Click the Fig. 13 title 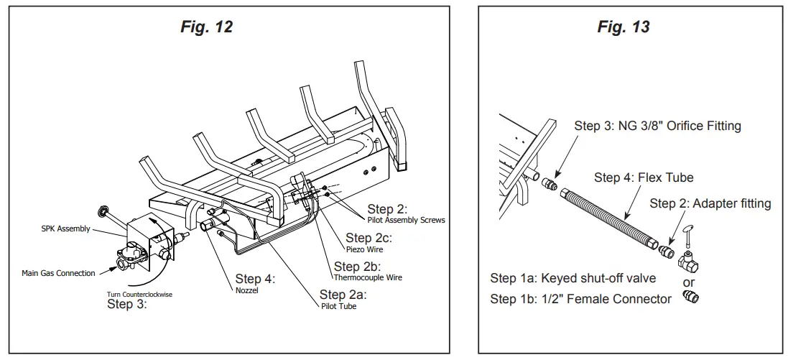click(624, 27)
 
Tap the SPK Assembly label click(66, 229)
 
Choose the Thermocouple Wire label click(368, 277)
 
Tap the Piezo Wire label click(364, 249)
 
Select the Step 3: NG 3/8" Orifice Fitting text click(657, 126)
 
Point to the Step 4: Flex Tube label click(644, 177)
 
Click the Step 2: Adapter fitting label click(710, 203)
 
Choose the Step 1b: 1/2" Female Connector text click(580, 299)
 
